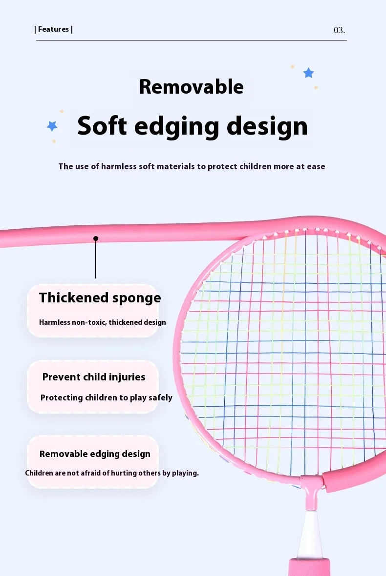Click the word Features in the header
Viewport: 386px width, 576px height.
53,29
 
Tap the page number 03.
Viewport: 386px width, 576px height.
339,30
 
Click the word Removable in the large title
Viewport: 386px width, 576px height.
192,87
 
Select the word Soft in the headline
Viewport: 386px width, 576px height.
102,126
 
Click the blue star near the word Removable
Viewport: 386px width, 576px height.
308,73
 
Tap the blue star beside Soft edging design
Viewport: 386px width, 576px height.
52,126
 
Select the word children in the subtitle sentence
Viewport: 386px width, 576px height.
256,166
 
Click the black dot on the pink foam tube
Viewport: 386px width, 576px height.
96,238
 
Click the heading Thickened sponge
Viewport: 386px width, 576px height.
100,298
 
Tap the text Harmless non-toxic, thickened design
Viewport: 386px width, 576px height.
102,322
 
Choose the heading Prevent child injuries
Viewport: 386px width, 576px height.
94,377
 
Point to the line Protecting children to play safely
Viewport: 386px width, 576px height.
107,398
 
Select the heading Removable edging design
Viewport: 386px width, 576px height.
95,454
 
